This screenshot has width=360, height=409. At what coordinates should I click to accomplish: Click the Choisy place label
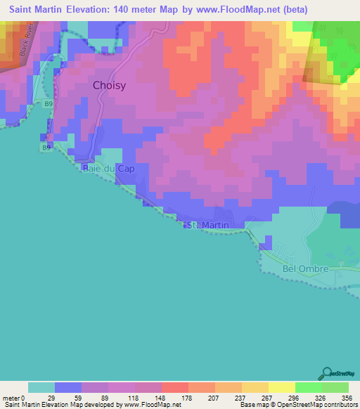click(110, 86)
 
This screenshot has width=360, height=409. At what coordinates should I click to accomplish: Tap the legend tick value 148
click(160, 398)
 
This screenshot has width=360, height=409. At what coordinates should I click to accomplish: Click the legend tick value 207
click(214, 398)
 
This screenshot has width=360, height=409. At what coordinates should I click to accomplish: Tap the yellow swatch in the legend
click(281, 387)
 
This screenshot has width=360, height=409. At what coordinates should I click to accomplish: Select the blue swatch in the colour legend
click(67, 387)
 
